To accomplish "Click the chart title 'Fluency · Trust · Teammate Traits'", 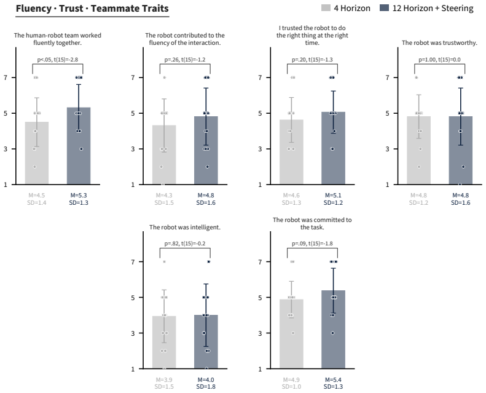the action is coord(92,9).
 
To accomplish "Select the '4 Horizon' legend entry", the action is coord(345,8).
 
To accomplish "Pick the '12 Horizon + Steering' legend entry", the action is coord(426,8).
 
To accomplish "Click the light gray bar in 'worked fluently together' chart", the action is coord(37,153).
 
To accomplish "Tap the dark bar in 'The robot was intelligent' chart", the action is coord(206,342).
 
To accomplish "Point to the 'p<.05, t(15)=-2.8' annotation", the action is coord(58,60).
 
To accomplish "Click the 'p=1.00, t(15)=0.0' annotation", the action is coord(439,60).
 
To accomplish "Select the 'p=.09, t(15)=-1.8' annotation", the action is coord(312,244).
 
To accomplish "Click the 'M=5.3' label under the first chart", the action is coord(79,196).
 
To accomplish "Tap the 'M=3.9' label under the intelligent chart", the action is coord(164,379).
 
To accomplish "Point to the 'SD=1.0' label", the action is coord(291,387).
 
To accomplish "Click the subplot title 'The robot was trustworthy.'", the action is coord(439,43).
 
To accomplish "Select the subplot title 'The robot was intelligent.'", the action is coord(185,228).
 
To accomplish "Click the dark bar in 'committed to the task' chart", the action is coord(333,330).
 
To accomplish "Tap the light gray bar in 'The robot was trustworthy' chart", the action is coord(419,151).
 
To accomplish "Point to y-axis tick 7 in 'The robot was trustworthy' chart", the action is coord(388,77).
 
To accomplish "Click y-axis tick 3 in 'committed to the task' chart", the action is coord(260,333).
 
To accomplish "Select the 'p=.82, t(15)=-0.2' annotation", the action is coord(185,244).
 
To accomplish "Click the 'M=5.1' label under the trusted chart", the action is coord(333,196).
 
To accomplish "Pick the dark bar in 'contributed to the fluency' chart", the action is coord(206,151).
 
